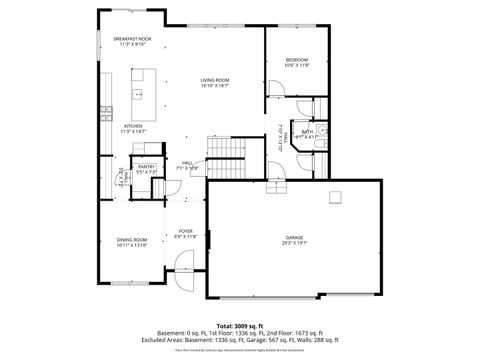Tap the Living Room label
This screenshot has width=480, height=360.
(x=214, y=79)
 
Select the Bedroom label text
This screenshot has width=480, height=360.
(x=296, y=60)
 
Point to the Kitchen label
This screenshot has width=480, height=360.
(x=133, y=126)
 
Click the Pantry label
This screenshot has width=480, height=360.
(x=146, y=166)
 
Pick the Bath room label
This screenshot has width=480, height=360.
(x=308, y=131)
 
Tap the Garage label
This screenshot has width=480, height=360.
(x=294, y=237)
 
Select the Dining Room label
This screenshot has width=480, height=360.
(x=132, y=239)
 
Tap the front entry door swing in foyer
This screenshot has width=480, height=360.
(x=184, y=264)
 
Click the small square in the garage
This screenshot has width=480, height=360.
(x=335, y=196)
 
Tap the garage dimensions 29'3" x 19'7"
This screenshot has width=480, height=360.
(x=294, y=243)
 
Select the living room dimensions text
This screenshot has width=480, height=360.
(x=214, y=85)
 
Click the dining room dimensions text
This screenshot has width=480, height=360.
(x=132, y=245)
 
